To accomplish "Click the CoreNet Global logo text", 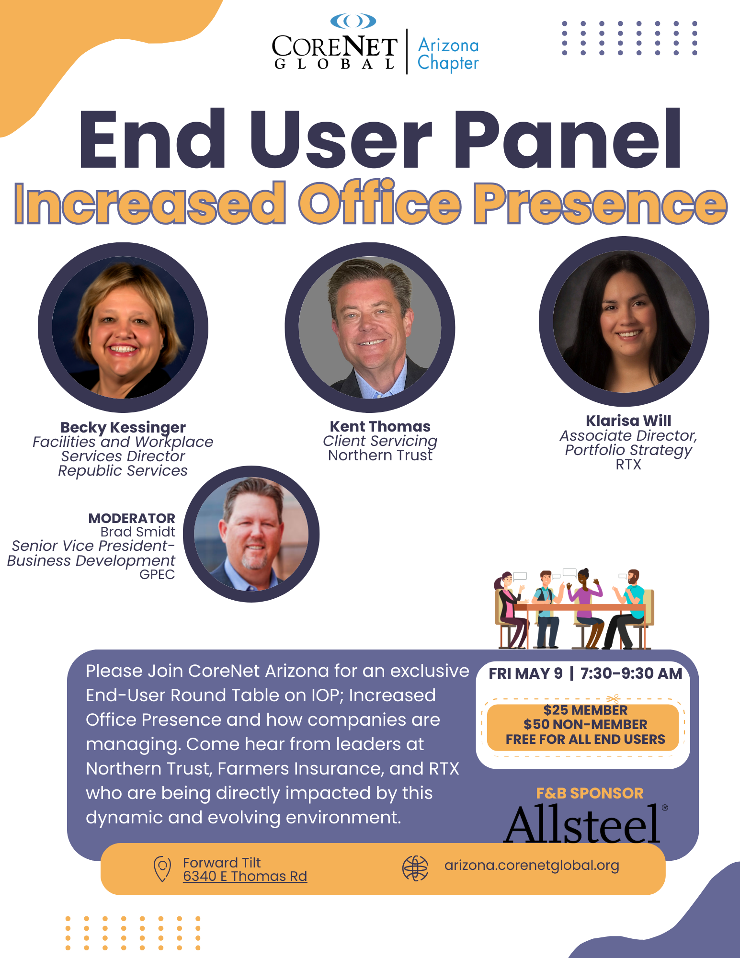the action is (x=334, y=52).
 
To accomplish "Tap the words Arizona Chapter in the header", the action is (x=448, y=54).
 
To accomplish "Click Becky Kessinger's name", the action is (x=123, y=427).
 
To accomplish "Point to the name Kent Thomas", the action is (x=380, y=426).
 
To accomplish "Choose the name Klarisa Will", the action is (x=628, y=421).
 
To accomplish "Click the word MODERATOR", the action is (x=132, y=518).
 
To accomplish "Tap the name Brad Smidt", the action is (x=137, y=532).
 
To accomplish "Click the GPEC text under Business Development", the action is (x=157, y=574).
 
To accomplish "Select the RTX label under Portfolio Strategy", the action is (x=628, y=465).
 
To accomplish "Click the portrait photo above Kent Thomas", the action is (x=370, y=328).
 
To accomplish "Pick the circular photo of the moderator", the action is (x=251, y=534).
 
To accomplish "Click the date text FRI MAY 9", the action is (x=525, y=673).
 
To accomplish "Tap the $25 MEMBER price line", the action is (x=585, y=710).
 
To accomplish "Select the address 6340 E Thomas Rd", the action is (x=245, y=876).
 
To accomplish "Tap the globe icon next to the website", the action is (x=415, y=868).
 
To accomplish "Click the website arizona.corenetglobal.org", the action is (x=532, y=866).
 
